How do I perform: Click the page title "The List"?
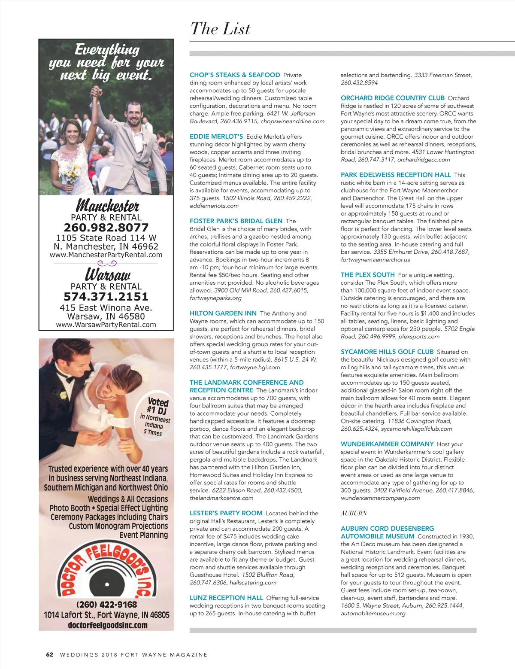point(220,29)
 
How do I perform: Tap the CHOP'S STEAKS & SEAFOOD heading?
point(235,75)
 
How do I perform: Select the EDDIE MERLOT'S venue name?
point(216,137)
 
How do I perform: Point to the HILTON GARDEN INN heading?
point(223,313)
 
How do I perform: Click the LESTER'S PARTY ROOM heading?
point(226,513)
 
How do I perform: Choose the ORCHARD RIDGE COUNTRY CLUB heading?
point(393,98)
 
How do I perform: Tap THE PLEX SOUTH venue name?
point(367,275)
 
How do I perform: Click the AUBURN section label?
point(354,513)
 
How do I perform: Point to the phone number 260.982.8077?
point(106,228)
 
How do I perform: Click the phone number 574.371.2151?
point(106,297)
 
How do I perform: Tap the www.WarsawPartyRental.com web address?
point(106,325)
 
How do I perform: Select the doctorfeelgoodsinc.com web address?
point(107,625)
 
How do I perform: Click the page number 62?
point(50,655)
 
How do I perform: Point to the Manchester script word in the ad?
point(107,206)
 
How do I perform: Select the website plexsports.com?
point(419,337)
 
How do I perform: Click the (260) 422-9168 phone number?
point(106,605)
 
